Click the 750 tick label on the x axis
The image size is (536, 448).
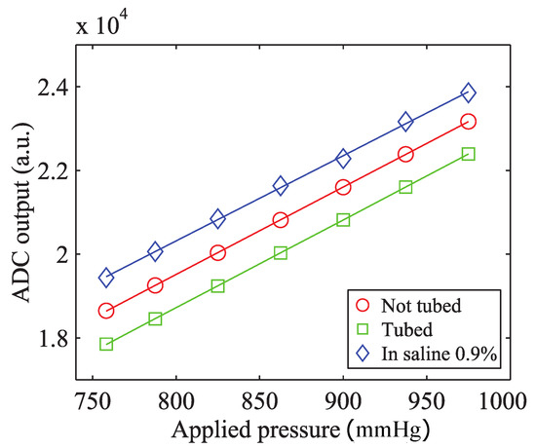(x=90, y=402)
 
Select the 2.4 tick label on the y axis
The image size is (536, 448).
(x=57, y=87)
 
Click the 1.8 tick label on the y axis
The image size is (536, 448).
(x=57, y=339)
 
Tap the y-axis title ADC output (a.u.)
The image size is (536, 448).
(x=21, y=212)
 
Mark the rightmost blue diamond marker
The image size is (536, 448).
(x=469, y=93)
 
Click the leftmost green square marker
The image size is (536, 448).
(x=106, y=344)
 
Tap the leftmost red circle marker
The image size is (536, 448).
(x=106, y=311)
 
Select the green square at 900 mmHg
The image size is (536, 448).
(x=343, y=220)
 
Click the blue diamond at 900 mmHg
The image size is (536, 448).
(x=343, y=159)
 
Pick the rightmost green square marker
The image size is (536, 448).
(x=469, y=154)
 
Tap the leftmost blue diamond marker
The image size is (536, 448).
(x=106, y=278)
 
